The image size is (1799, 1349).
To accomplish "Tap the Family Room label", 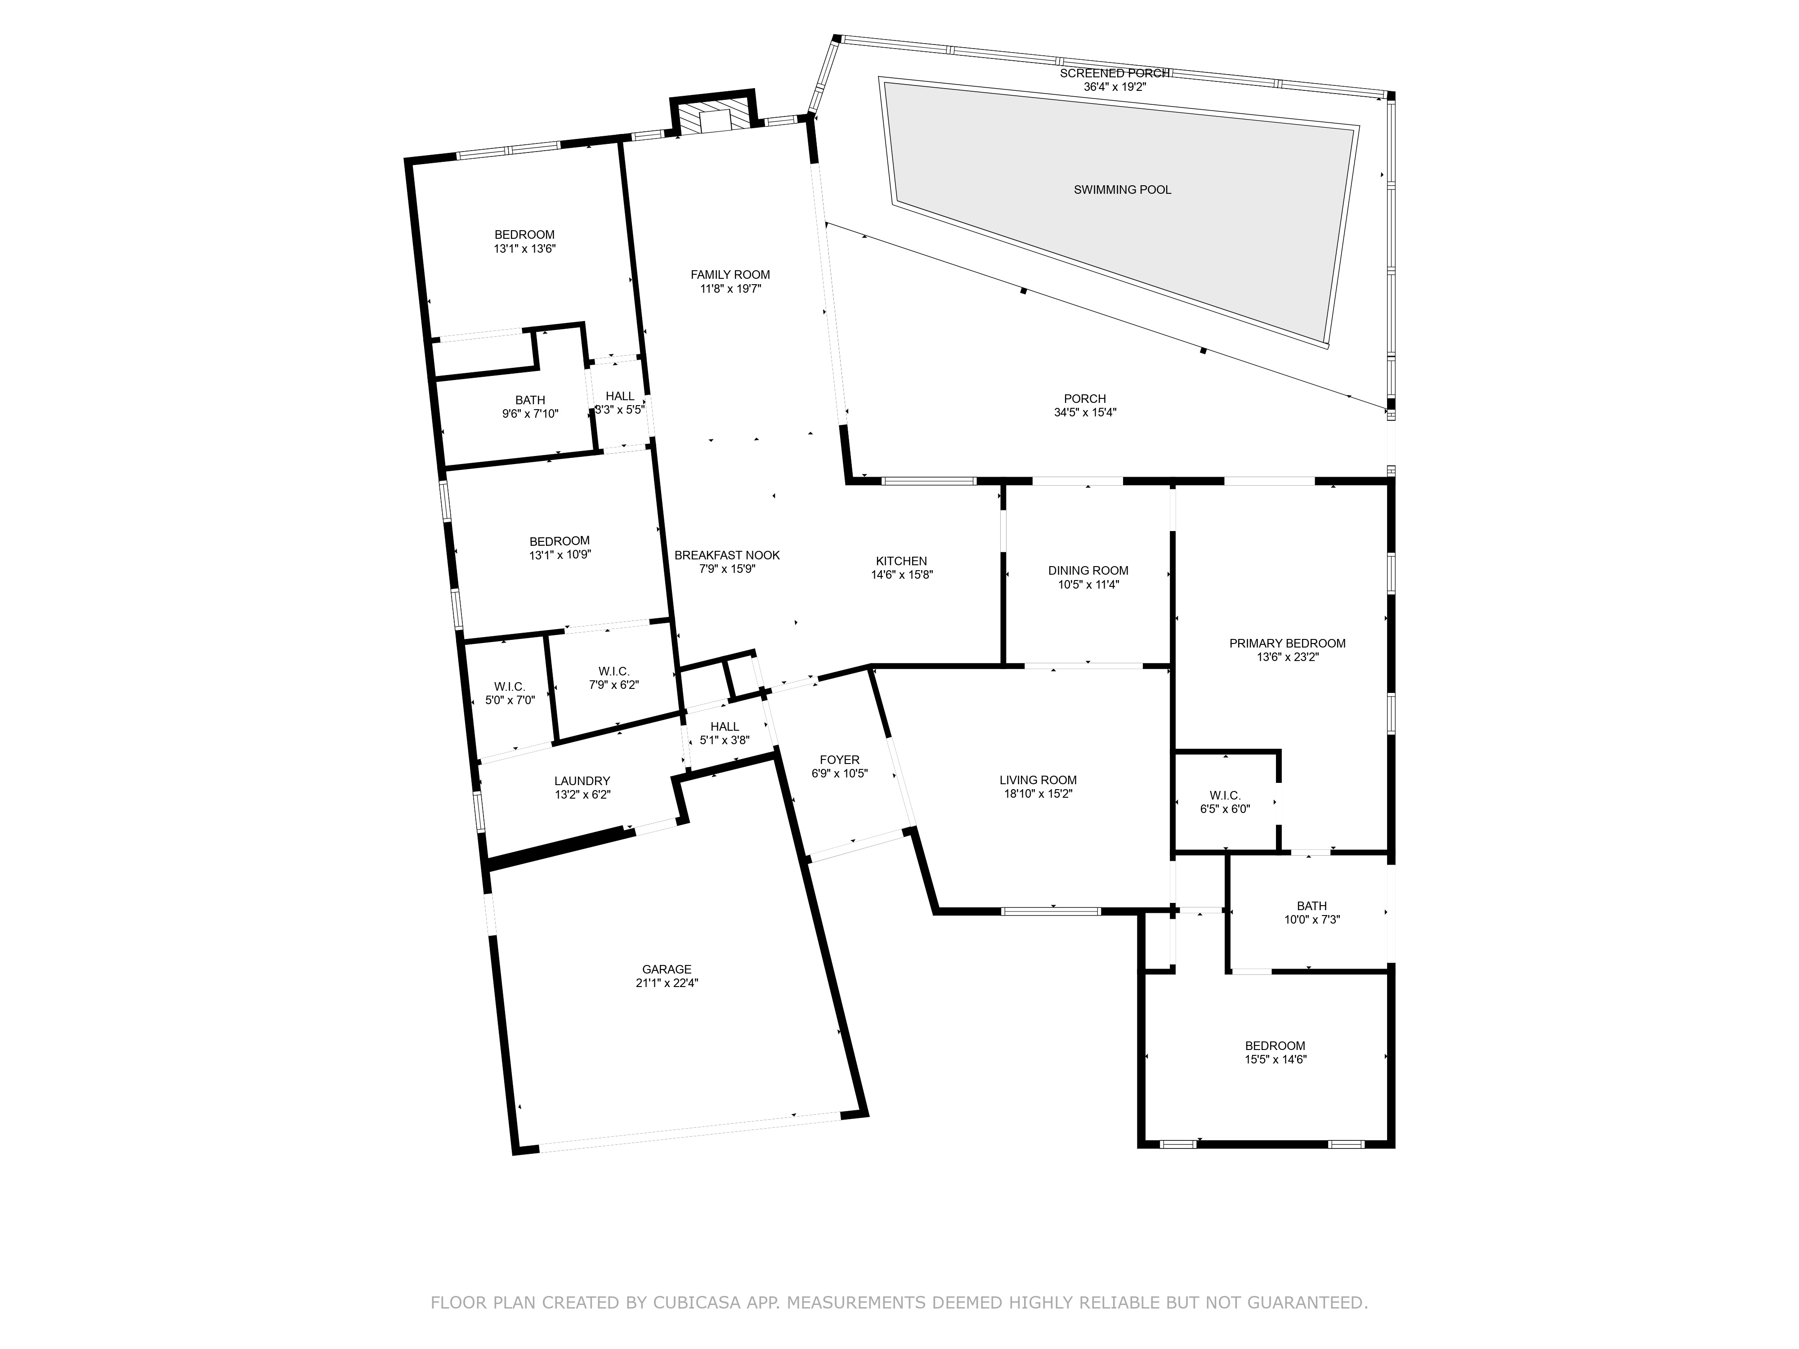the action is click(x=730, y=275).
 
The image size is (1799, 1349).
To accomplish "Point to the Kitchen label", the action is click(x=901, y=561).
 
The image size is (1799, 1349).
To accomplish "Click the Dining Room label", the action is click(x=1088, y=571).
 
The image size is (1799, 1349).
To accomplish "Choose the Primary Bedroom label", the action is click(x=1288, y=643).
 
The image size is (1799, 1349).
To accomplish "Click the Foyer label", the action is click(x=840, y=760).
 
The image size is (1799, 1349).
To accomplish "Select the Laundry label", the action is click(x=582, y=781).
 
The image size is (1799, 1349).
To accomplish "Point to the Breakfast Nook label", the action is click(x=727, y=555).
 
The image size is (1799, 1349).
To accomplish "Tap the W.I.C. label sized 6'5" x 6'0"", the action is click(x=1225, y=795).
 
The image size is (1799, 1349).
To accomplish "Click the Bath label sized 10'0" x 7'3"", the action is click(x=1312, y=906).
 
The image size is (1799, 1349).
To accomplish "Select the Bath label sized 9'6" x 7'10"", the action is click(x=530, y=400).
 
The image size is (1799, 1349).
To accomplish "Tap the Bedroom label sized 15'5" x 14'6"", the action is click(x=1275, y=1045).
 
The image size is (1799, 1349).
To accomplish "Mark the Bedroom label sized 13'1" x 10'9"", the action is click(x=559, y=541).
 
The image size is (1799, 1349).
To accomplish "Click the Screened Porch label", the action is click(x=1114, y=73).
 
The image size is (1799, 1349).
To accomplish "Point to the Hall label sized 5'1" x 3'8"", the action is click(x=725, y=727).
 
